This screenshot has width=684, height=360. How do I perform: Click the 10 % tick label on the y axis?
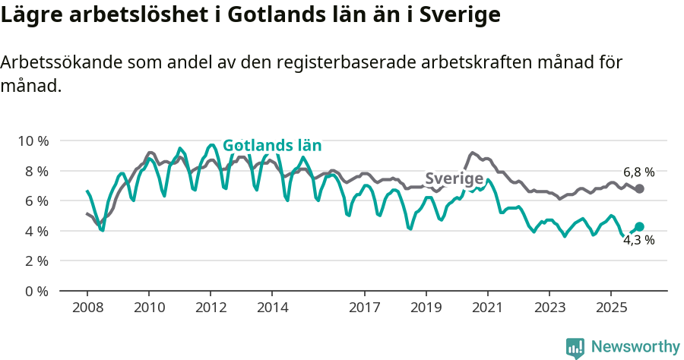[x=32, y=141]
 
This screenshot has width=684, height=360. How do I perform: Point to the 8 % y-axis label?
[x=35, y=171]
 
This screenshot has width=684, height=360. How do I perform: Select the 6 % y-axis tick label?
[x=35, y=201]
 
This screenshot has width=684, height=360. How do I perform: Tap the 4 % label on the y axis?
[x=35, y=231]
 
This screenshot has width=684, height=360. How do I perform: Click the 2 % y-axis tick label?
[x=35, y=261]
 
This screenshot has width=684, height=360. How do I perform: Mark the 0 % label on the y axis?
[x=35, y=291]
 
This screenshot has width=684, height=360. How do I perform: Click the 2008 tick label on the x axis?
[x=87, y=308]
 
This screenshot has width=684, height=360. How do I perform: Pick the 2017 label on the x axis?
[x=365, y=308]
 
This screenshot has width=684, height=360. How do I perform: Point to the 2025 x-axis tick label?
[x=611, y=308]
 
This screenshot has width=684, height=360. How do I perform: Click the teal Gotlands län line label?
[x=272, y=146]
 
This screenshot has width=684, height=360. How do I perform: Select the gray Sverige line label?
[x=454, y=178]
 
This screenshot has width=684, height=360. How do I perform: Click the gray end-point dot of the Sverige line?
[x=639, y=188]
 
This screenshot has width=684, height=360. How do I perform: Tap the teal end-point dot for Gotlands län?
[x=639, y=226]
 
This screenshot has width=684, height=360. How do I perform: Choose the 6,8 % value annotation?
[x=638, y=172]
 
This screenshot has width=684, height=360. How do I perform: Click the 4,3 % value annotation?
[x=638, y=240]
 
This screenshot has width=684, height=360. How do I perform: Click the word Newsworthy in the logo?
[x=635, y=347]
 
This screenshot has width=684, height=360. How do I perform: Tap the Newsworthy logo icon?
[x=575, y=348]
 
